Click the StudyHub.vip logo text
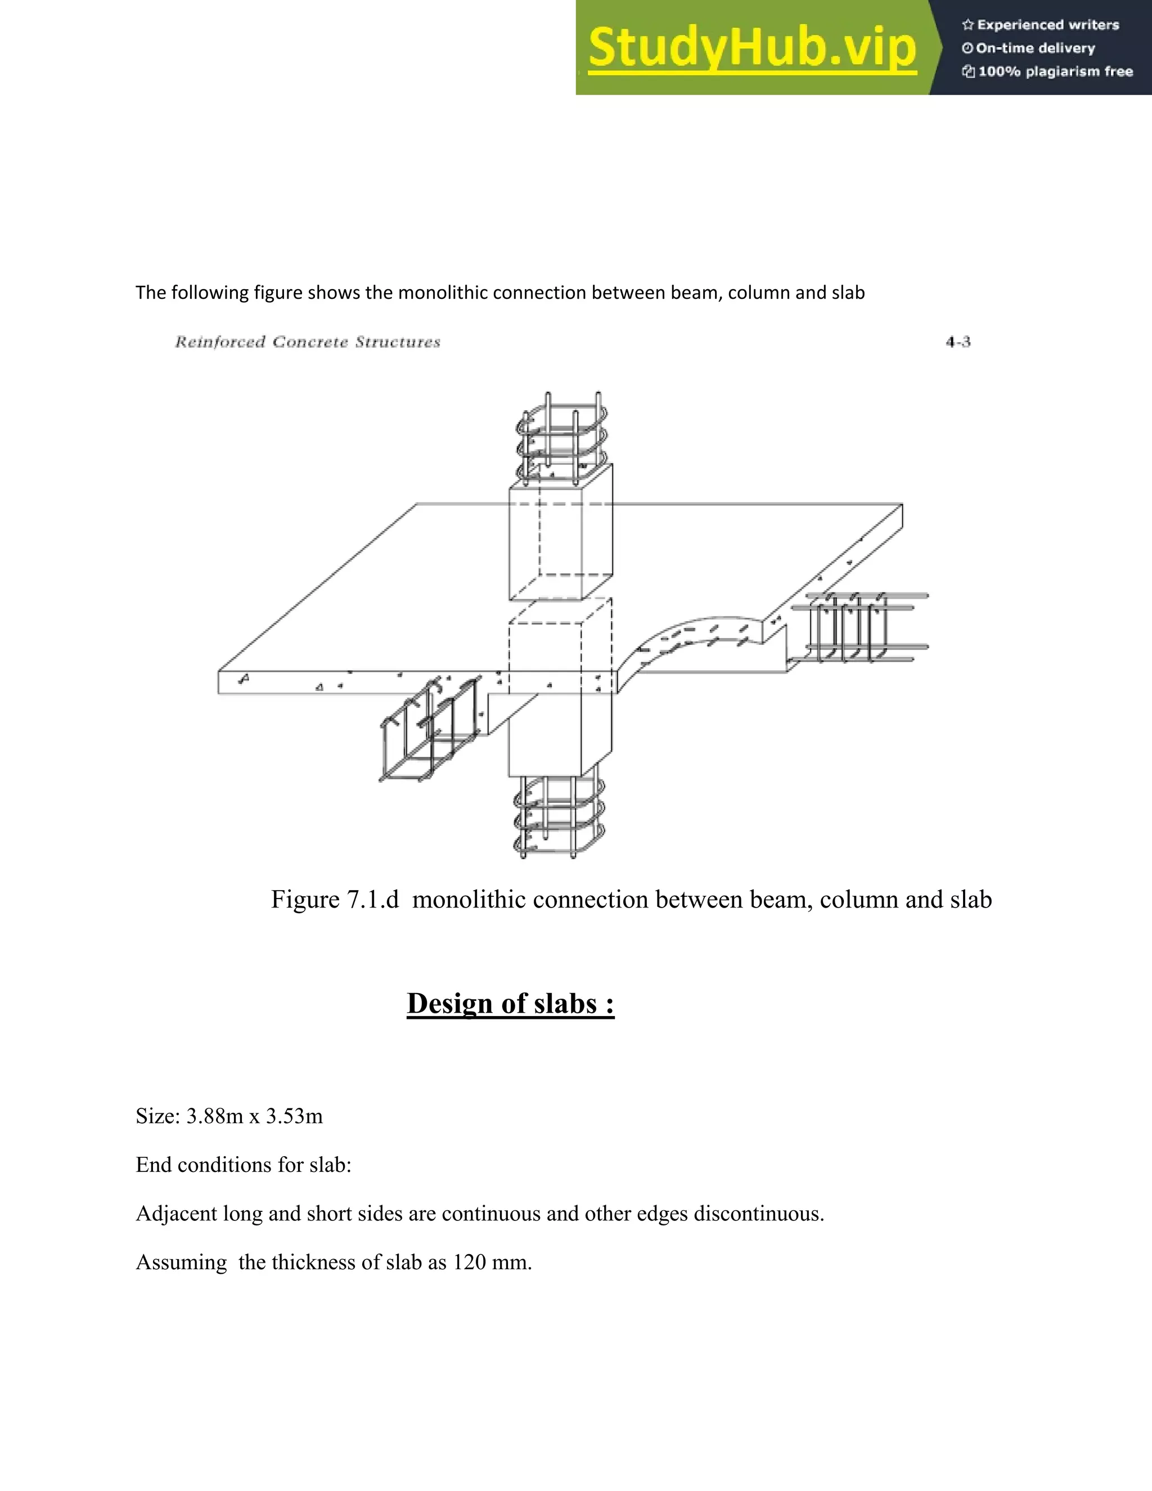pyautogui.click(x=751, y=48)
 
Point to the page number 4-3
pyautogui.click(x=957, y=342)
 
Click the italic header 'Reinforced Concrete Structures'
pyautogui.click(x=307, y=342)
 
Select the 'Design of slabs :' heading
pyautogui.click(x=511, y=1004)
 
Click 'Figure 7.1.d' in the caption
pyautogui.click(x=335, y=899)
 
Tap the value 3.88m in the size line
pyautogui.click(x=214, y=1116)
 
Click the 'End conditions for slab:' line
pyautogui.click(x=243, y=1165)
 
